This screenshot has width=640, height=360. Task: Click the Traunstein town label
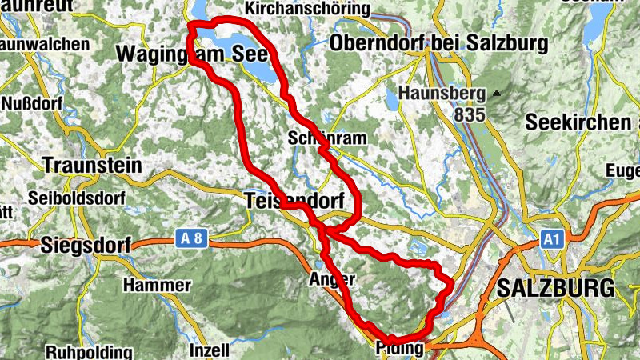92,166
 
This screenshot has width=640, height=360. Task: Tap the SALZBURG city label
556,288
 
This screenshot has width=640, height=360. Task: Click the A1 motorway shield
551,238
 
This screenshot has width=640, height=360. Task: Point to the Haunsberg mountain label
442,94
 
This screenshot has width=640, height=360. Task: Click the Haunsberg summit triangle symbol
497,94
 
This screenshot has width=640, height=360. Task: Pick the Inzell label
209,350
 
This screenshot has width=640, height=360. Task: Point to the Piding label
399,348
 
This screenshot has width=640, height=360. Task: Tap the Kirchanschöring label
309,9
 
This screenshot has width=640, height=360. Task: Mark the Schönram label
327,138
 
